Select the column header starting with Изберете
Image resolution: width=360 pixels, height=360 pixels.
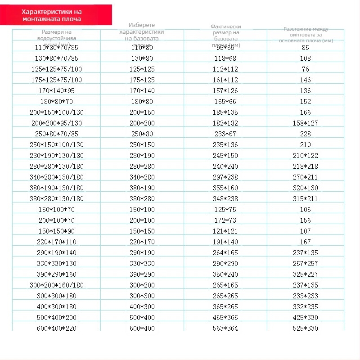pos(141,32)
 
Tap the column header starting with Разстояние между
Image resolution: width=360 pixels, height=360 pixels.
pos(306,35)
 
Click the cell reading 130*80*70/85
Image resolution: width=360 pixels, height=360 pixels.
pos(56,58)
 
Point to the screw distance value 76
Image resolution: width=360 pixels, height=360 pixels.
pos(306,69)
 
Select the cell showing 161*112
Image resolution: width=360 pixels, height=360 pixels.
pos(225,80)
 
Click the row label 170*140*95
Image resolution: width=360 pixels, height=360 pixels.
pos(56,90)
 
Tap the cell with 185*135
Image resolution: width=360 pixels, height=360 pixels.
pos(225,112)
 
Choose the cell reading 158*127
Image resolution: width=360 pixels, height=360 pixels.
pos(306,123)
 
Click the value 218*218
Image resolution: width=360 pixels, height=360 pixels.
pos(306,166)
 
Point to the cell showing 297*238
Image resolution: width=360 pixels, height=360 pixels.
pos(225,177)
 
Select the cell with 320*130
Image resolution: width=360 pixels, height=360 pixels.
pos(306,188)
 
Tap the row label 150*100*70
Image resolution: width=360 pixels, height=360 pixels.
pos(56,209)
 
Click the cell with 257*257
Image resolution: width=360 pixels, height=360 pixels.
pos(306,263)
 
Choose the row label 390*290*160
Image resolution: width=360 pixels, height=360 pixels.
pos(56,274)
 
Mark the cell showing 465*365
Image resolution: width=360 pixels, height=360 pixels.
pos(225,317)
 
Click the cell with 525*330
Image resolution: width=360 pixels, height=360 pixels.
pos(306,328)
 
